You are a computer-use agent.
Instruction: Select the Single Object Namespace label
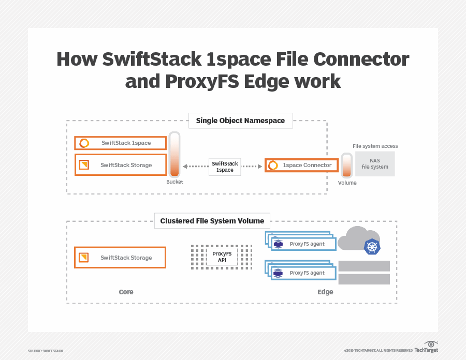(240, 121)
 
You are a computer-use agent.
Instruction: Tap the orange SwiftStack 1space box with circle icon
(121, 143)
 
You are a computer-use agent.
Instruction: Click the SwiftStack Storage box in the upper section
(121, 165)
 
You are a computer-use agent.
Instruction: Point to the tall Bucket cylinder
(174, 154)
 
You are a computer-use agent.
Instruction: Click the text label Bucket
(174, 182)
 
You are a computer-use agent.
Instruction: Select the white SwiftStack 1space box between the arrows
(225, 167)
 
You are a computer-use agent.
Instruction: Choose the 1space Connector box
(301, 166)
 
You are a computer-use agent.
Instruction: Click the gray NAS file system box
(375, 163)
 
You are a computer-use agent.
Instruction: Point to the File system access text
(375, 146)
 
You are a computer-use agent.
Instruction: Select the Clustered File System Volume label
(212, 221)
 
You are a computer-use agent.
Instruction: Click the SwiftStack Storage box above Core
(120, 258)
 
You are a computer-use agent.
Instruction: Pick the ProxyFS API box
(222, 257)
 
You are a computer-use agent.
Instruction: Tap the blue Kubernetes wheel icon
(372, 247)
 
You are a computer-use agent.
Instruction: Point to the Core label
(126, 292)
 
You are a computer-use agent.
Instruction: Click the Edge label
(325, 292)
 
